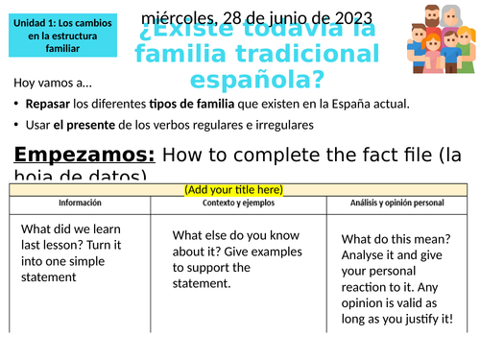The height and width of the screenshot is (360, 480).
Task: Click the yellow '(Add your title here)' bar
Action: click(240, 190)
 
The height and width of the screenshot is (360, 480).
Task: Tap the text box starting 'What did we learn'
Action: click(79, 252)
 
